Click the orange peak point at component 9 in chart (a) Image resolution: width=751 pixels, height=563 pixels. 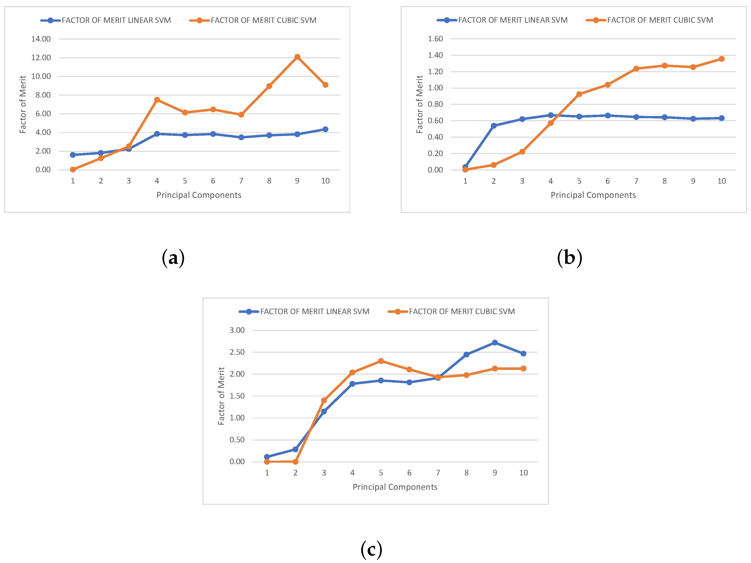coord(297,57)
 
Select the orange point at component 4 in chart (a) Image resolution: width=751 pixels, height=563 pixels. coord(157,100)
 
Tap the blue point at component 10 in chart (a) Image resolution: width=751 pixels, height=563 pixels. coord(325,129)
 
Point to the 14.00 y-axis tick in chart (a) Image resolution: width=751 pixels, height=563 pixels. coord(41,39)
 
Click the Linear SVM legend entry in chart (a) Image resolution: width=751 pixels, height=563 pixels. coord(106,20)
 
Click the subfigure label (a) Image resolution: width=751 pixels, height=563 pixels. coord(173,258)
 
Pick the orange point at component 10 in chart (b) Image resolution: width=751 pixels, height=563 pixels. coord(721,59)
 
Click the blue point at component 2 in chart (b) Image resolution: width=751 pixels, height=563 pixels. coord(494,126)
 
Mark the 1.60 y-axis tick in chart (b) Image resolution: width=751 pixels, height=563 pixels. coord(435,39)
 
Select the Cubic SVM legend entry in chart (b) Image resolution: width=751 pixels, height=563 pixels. coord(650,20)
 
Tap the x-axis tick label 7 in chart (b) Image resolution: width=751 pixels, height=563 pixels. coord(636,181)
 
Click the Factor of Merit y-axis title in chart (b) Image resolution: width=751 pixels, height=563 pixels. coord(420,104)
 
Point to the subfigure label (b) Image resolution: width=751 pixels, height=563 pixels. coord(569,258)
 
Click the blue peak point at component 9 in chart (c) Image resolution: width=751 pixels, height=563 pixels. coord(495,342)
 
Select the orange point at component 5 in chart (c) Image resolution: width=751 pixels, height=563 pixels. coord(381,361)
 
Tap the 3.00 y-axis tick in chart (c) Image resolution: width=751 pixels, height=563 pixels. coord(237,330)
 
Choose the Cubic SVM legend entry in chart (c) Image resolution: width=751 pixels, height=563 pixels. coord(451,312)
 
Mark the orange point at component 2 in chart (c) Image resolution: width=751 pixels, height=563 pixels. coord(295,462)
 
